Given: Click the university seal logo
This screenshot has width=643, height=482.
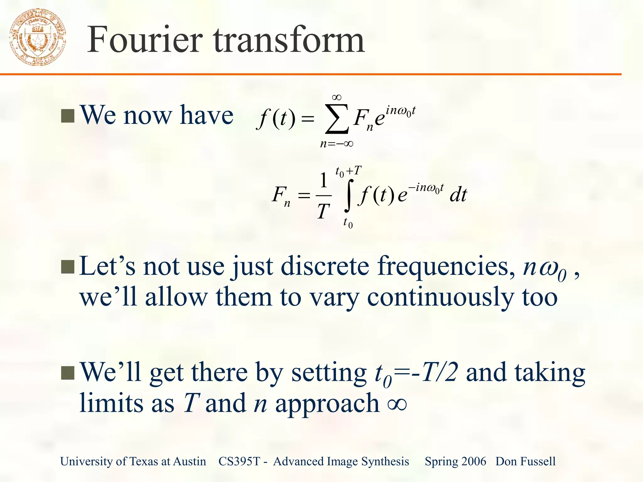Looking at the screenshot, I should point(38,37).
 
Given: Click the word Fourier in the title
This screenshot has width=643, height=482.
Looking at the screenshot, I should point(144,40).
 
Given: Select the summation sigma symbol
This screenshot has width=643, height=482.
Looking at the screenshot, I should point(337,119).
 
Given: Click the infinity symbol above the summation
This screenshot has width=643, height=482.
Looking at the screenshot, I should point(337,98).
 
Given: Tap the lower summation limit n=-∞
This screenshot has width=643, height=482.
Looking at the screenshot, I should point(337,144).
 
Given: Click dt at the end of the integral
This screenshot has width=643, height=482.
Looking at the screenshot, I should point(458,195).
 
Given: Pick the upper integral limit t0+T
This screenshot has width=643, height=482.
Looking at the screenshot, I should point(349,171).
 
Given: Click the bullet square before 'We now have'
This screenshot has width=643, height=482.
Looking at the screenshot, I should point(68,116).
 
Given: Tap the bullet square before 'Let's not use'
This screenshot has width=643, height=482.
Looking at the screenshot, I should point(68,267).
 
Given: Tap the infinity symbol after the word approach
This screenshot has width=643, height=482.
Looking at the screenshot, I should point(397,404).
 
